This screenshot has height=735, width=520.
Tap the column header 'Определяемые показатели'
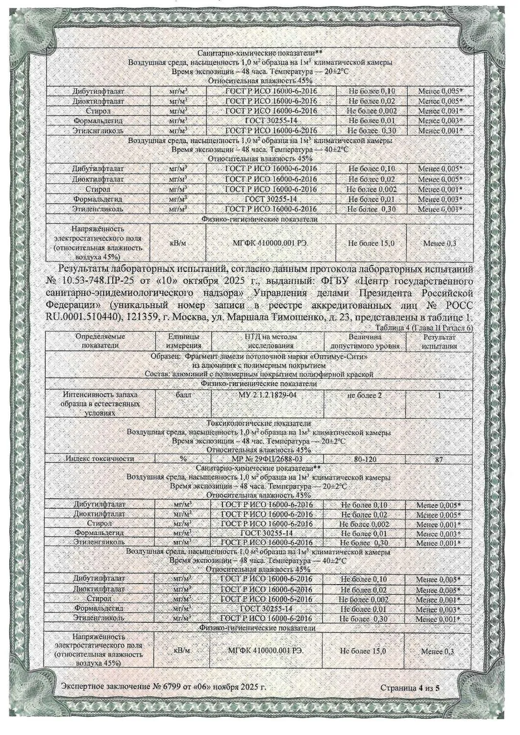(101, 341)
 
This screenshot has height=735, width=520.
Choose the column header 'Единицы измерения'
(184, 341)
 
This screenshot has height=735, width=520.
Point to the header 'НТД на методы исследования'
(268, 341)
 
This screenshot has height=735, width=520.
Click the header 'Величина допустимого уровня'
(365, 341)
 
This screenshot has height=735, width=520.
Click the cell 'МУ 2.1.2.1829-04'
(267, 395)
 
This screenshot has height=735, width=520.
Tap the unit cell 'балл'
(184, 394)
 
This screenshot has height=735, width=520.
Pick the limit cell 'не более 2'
(364, 395)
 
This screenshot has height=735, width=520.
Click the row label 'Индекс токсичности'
(100, 459)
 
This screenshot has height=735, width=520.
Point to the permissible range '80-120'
(365, 459)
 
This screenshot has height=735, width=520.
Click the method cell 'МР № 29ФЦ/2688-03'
(266, 459)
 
